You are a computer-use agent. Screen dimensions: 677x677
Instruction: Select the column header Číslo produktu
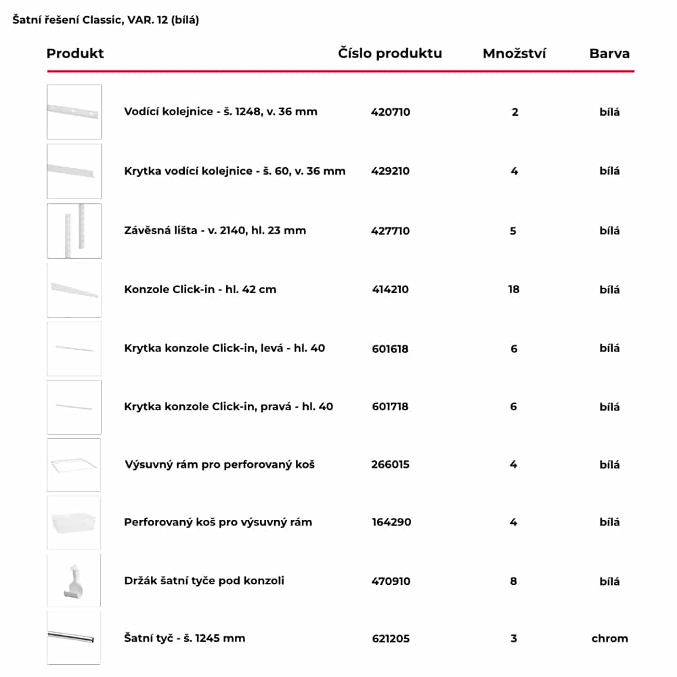tap(390, 53)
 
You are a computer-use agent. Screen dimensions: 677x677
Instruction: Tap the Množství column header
tap(515, 53)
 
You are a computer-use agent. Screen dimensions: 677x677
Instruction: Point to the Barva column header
tap(609, 53)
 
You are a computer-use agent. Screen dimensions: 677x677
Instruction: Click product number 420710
tap(391, 112)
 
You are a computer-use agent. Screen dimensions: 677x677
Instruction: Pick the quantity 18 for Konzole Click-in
tap(514, 289)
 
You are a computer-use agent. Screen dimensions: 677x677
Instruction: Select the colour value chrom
tap(609, 638)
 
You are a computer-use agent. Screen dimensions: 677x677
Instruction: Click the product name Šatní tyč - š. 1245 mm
tap(185, 638)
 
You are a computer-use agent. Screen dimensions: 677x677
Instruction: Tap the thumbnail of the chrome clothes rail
tap(74, 637)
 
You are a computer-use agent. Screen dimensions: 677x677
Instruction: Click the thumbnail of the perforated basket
tap(74, 523)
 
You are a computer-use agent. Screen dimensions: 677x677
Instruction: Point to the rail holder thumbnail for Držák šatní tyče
tap(74, 580)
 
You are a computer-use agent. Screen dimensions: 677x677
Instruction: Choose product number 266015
tap(391, 464)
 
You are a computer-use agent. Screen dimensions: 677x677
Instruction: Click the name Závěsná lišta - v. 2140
tap(215, 230)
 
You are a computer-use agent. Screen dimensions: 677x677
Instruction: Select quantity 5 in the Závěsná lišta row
tap(513, 230)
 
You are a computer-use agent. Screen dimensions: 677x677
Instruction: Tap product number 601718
tap(390, 407)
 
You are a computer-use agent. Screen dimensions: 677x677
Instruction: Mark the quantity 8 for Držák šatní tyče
tap(514, 581)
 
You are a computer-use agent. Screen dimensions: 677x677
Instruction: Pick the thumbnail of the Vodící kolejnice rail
tap(74, 112)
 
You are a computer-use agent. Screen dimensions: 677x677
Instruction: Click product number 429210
tap(391, 171)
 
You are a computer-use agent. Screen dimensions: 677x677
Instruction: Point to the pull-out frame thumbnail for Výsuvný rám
tap(74, 465)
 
